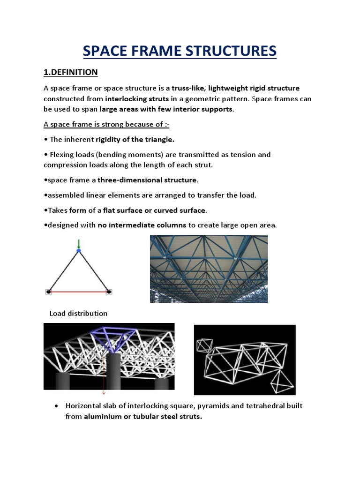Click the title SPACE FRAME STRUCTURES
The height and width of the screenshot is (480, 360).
click(x=180, y=51)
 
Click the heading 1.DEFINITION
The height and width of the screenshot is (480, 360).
click(x=70, y=72)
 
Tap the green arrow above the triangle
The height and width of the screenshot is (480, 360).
click(x=79, y=244)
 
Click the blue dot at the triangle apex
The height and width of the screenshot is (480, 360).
click(x=79, y=251)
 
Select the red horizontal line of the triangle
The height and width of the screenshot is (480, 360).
click(x=79, y=292)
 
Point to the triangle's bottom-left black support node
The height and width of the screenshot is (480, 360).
click(x=48, y=292)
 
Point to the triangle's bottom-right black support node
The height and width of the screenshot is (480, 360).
click(x=109, y=292)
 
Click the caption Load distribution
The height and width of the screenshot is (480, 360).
click(x=78, y=314)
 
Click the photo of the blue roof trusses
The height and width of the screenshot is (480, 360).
click(x=208, y=269)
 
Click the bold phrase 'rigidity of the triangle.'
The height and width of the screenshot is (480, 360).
click(x=135, y=139)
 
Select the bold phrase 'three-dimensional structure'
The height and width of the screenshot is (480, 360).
click(x=147, y=180)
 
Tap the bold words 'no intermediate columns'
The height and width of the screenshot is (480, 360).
click(x=142, y=225)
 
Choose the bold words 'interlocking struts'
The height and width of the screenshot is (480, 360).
click(x=137, y=99)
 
